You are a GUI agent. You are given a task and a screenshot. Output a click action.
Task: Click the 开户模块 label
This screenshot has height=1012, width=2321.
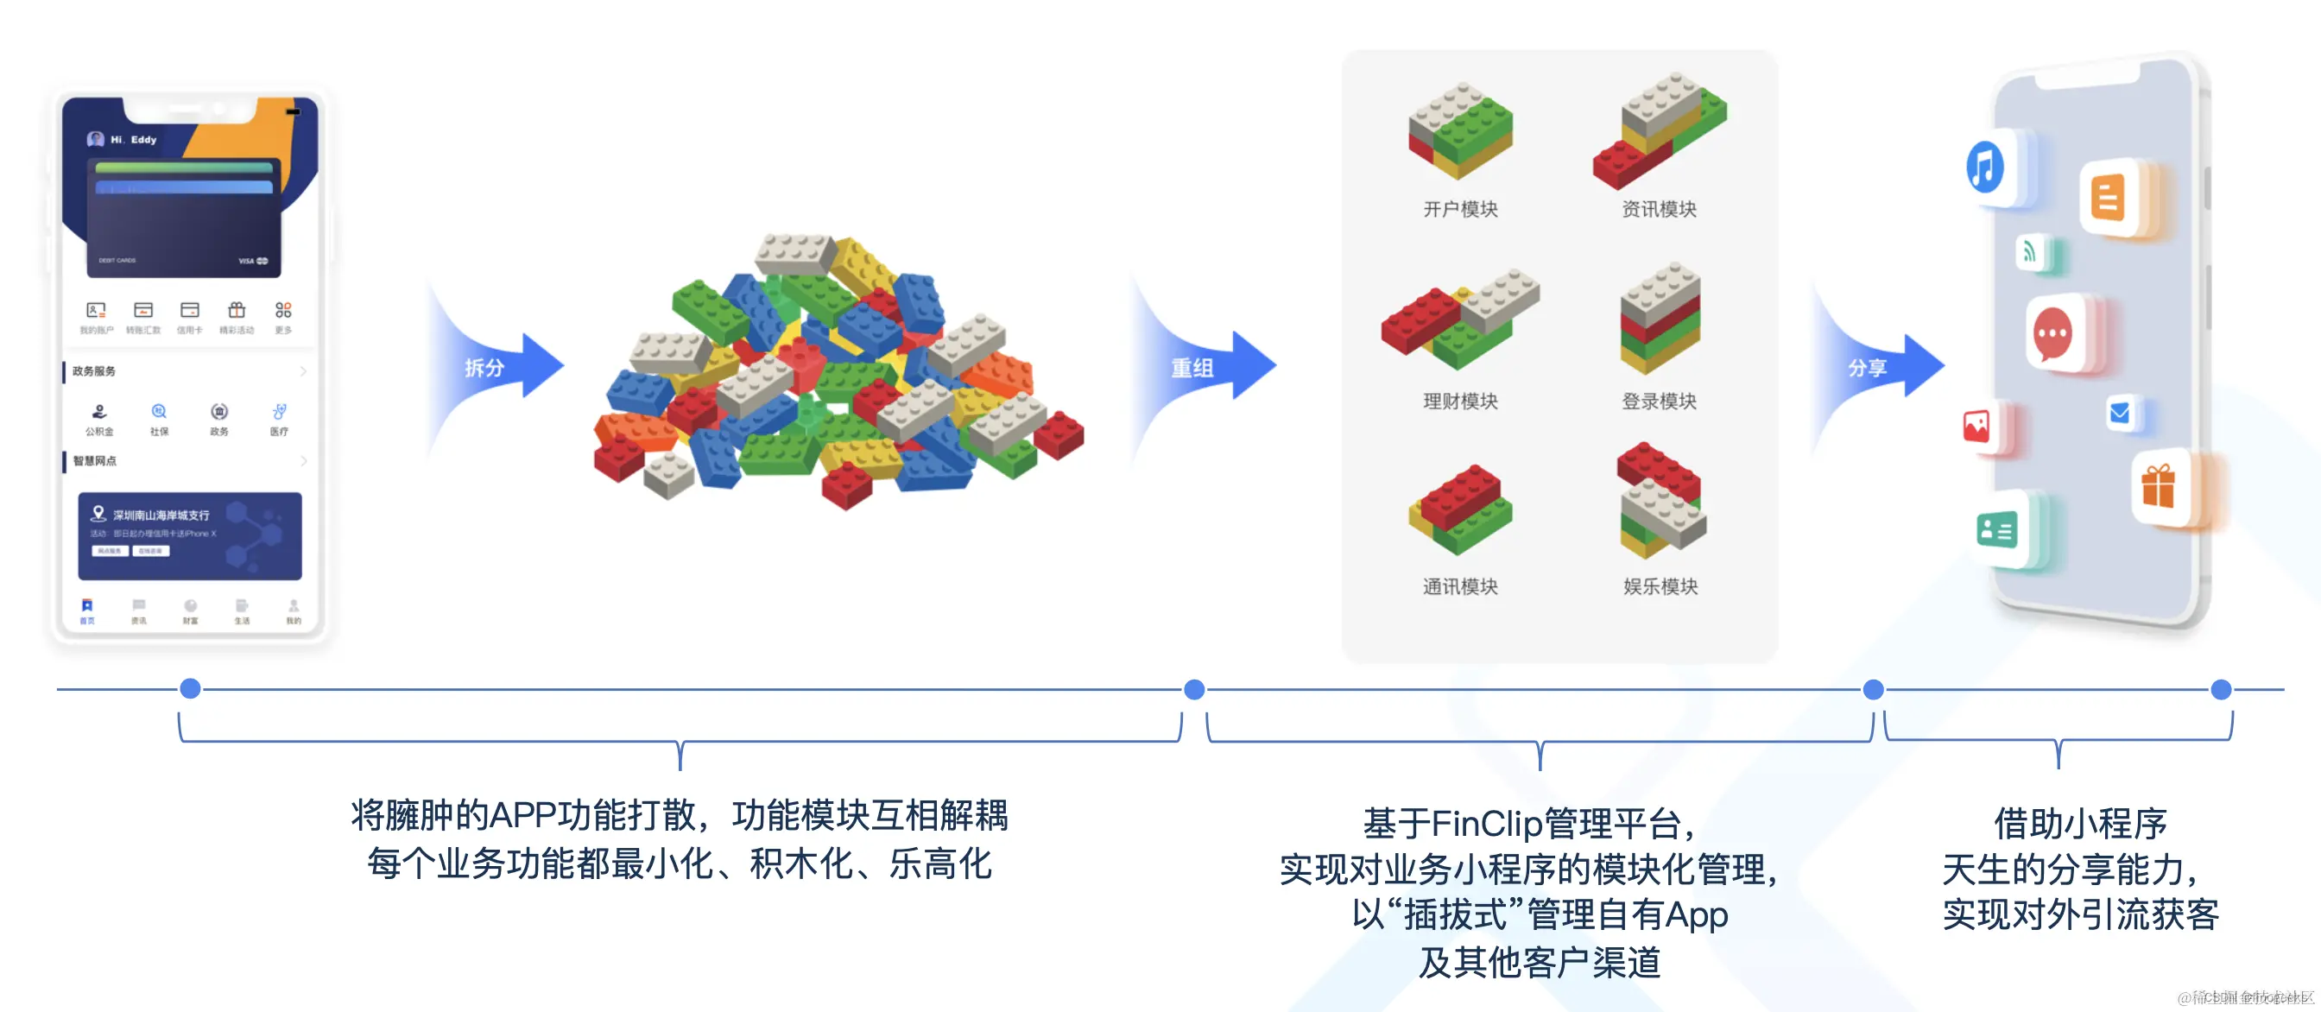pyautogui.click(x=1459, y=209)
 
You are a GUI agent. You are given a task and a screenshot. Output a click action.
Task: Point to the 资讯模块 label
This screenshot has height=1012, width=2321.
pyautogui.click(x=1659, y=209)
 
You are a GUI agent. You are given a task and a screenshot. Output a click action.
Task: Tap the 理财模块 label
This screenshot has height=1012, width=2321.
pyautogui.click(x=1459, y=401)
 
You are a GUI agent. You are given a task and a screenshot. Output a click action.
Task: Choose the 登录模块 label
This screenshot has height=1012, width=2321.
pyautogui.click(x=1659, y=401)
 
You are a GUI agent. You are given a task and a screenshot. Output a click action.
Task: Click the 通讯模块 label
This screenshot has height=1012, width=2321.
pyautogui.click(x=1459, y=586)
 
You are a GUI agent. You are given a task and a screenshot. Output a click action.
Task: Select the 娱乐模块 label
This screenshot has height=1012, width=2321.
pyautogui.click(x=1660, y=586)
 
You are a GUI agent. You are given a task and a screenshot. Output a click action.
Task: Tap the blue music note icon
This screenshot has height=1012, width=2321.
pyautogui.click(x=1985, y=168)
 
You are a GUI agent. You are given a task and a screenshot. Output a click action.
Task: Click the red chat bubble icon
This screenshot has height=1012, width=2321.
pyautogui.click(x=2053, y=334)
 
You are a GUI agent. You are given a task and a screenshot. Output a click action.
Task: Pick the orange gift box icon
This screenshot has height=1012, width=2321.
pyautogui.click(x=2159, y=487)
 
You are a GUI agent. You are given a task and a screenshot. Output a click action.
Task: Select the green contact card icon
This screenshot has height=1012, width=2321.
pyautogui.click(x=1996, y=530)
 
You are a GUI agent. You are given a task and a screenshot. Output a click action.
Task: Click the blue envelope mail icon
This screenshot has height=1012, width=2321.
pyautogui.click(x=2120, y=413)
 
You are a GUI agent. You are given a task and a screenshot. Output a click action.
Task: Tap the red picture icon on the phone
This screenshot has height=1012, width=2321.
pyautogui.click(x=1976, y=427)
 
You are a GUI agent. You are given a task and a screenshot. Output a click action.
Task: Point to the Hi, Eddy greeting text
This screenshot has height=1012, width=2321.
pyautogui.click(x=133, y=140)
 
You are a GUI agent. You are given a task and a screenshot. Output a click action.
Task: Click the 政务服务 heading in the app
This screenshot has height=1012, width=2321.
pyautogui.click(x=94, y=371)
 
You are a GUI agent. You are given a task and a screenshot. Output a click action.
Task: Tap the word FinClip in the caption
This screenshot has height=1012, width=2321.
pyautogui.click(x=1487, y=823)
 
